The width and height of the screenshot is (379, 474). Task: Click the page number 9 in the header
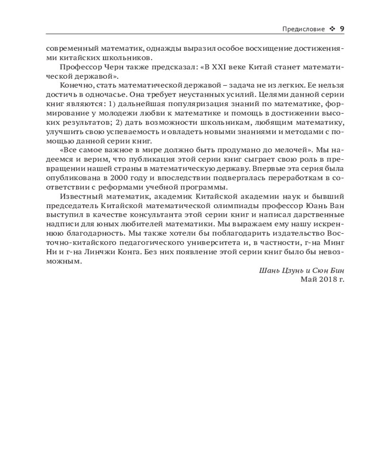[342, 29]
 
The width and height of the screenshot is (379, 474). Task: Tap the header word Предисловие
[303, 29]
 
